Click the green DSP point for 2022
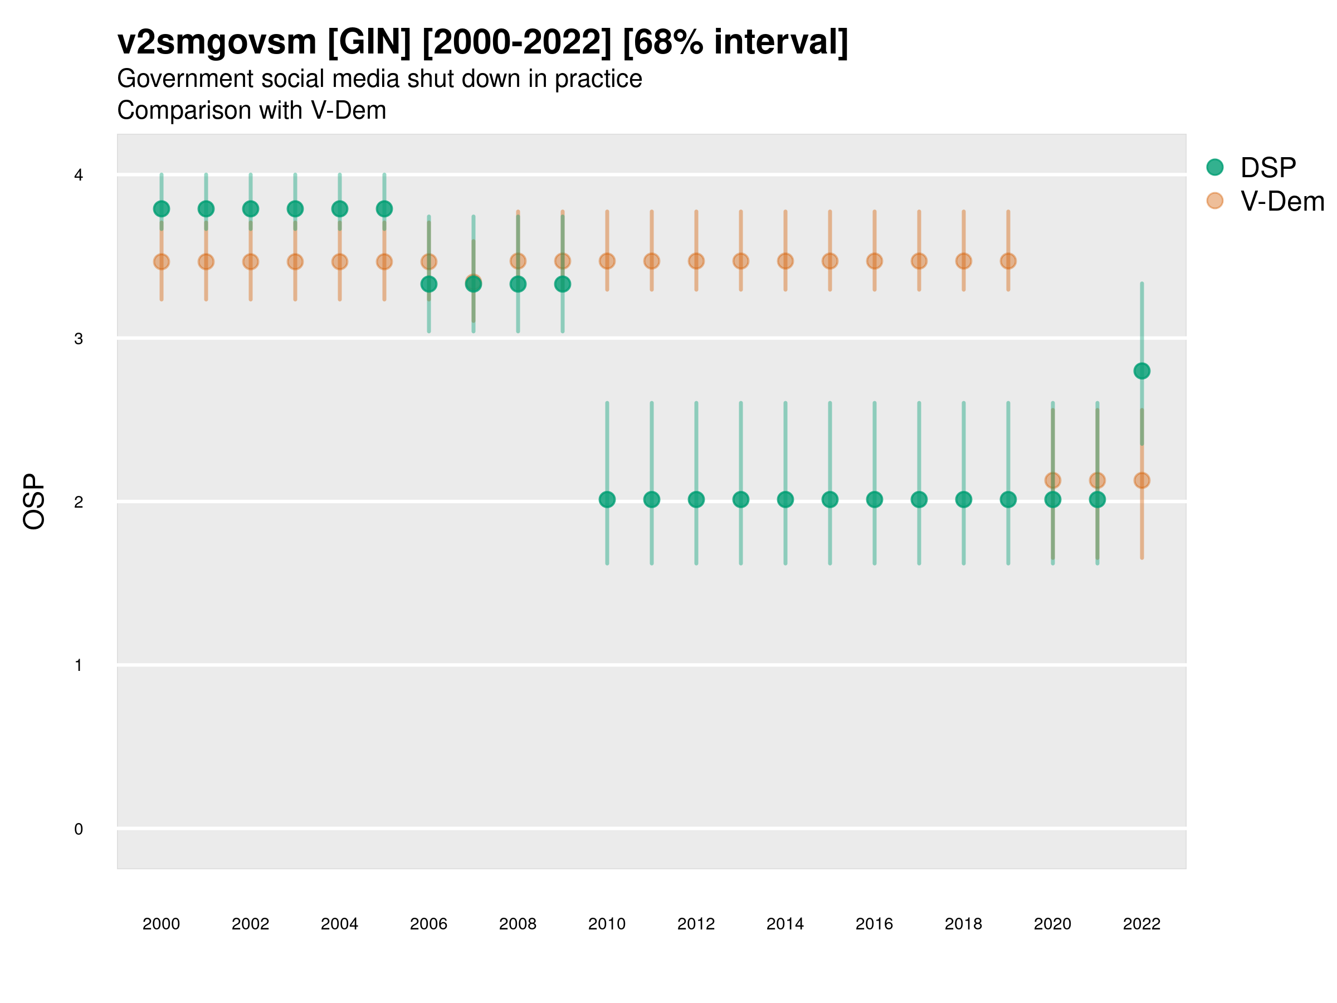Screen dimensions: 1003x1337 [1142, 371]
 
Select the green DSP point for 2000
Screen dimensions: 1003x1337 [162, 209]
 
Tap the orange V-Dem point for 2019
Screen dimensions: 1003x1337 [1008, 261]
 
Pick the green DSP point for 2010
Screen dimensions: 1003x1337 [607, 499]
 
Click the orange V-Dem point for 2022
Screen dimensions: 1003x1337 [1142, 481]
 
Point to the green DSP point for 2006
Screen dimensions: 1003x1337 [428, 284]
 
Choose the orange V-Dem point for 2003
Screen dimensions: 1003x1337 [295, 262]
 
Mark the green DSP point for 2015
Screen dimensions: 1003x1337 [830, 499]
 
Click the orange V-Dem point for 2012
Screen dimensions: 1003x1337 [696, 261]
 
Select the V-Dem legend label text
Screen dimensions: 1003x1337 [1282, 201]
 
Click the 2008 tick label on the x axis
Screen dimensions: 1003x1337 [518, 924]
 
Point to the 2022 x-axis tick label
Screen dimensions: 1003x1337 [1142, 924]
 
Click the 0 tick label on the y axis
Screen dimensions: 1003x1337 [79, 829]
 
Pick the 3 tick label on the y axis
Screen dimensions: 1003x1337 [79, 339]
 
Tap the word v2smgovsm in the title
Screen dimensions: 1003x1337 [216, 42]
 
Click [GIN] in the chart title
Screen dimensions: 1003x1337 [369, 42]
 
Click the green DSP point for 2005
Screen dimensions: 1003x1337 [384, 209]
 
